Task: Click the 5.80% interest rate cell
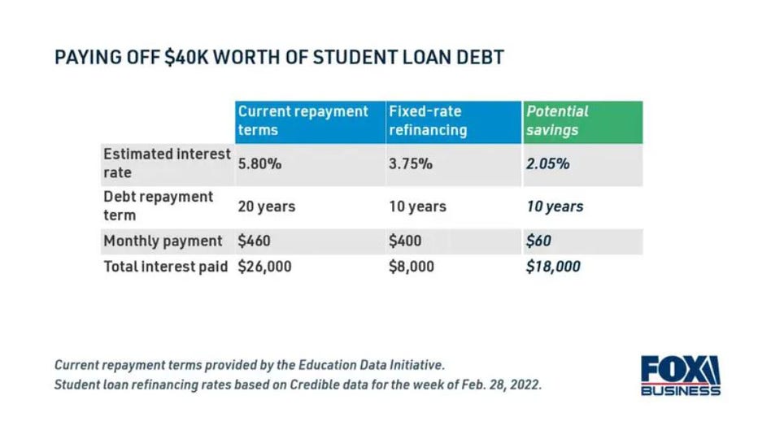tap(259, 163)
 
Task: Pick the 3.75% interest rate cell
tap(412, 163)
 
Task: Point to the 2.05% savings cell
tap(547, 163)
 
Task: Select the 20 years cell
tap(266, 206)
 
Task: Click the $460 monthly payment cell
tap(254, 241)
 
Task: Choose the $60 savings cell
tap(538, 241)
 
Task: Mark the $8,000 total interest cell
tap(412, 266)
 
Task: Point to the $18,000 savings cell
tap(553, 266)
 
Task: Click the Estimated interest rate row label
tap(167, 163)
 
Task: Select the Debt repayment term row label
tap(159, 206)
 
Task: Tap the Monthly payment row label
tap(163, 241)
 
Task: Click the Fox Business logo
tap(680, 375)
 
